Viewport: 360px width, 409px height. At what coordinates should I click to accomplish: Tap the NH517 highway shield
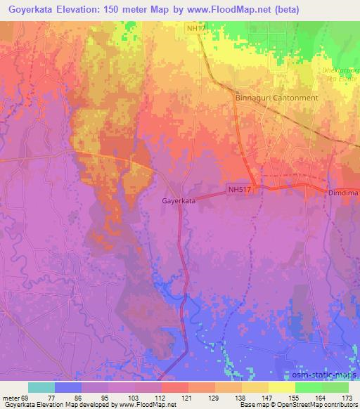tap(239, 189)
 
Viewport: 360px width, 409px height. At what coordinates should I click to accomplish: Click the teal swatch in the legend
tap(41, 387)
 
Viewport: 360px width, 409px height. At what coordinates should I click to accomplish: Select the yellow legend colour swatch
tap(282, 387)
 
